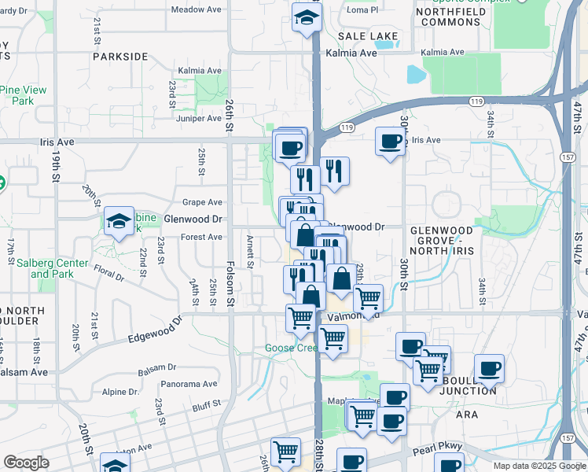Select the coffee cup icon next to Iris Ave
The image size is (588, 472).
390,142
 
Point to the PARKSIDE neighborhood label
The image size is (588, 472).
120,57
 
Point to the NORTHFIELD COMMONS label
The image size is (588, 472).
450,17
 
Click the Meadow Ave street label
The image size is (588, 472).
196,9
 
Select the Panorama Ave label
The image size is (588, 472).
189,384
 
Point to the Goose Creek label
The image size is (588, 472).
290,348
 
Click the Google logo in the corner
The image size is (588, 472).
26,463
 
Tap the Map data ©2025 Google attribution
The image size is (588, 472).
538,466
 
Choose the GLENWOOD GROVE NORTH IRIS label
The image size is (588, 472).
442,237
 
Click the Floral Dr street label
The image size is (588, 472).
108,273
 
